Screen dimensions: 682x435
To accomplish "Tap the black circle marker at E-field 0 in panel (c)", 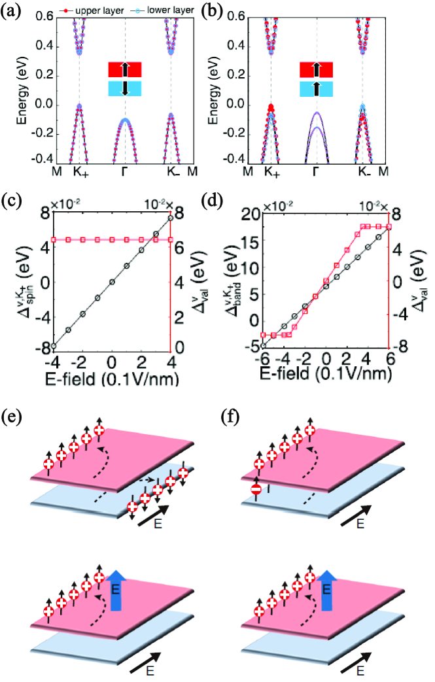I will click(113, 282).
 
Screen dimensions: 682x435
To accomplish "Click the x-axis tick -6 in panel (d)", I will click(263, 360).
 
